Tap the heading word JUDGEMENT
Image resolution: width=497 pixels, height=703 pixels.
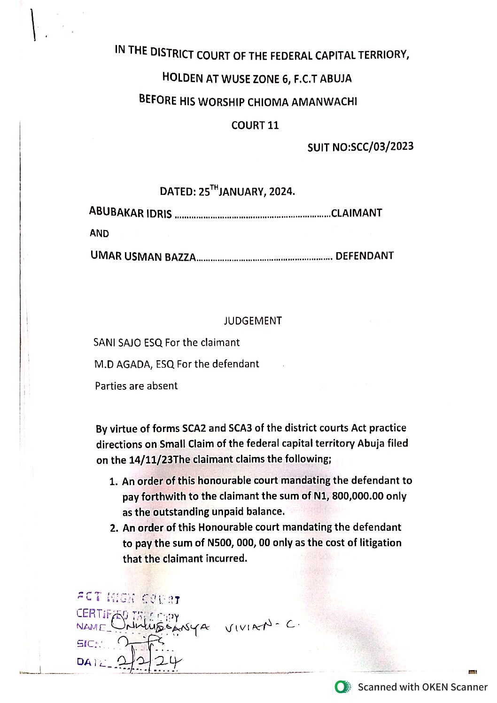(x=253, y=321)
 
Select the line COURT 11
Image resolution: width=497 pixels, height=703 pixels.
(x=255, y=125)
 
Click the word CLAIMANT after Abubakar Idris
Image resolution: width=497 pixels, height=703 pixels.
(x=357, y=213)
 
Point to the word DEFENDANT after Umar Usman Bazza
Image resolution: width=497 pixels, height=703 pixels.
(x=365, y=256)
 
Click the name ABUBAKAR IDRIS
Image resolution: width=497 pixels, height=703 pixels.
(x=130, y=213)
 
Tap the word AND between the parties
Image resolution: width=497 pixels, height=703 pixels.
(x=99, y=233)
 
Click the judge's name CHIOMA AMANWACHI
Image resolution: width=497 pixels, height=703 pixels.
(x=302, y=102)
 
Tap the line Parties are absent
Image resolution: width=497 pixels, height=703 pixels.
(x=136, y=386)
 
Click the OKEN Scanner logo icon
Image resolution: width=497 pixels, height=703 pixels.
(x=343, y=687)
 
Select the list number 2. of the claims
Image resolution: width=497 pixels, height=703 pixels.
(x=114, y=528)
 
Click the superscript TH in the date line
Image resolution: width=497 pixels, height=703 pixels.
(x=214, y=188)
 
